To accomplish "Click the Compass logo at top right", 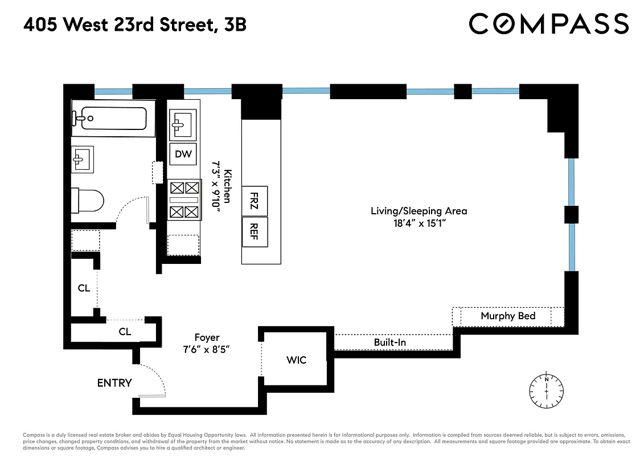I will click(x=548, y=24).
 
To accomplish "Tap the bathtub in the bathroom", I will click(x=109, y=119).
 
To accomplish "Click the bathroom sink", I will click(x=83, y=159).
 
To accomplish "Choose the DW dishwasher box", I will click(x=183, y=154).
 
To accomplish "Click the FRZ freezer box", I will click(x=254, y=201).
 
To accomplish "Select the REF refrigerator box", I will click(x=254, y=231).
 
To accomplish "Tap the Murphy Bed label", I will click(x=507, y=316).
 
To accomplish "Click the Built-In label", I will click(x=389, y=343).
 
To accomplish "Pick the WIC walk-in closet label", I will click(x=296, y=360).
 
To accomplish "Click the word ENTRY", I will click(x=114, y=383).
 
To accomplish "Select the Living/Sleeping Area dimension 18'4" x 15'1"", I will click(x=419, y=224).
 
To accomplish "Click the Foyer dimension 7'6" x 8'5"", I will click(x=206, y=349).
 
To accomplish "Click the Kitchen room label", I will click(x=227, y=186).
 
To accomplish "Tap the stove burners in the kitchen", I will click(x=184, y=199).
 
